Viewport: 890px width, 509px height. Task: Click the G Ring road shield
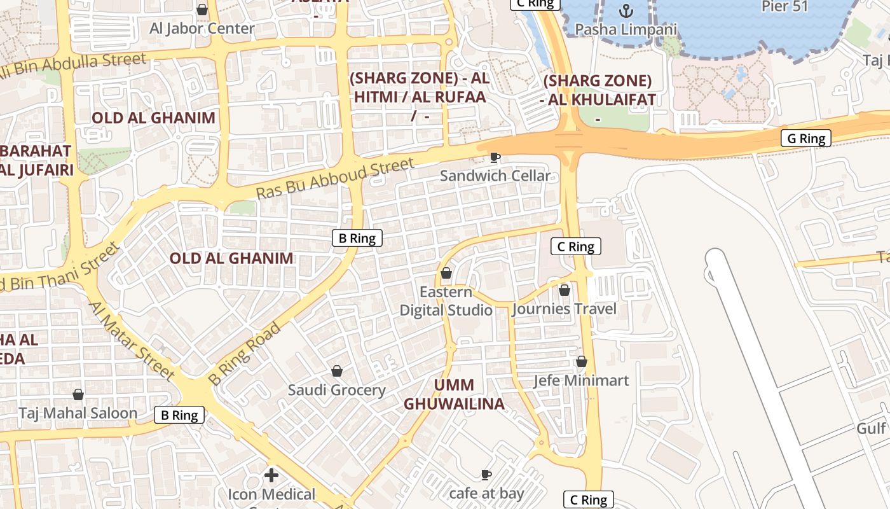(x=806, y=139)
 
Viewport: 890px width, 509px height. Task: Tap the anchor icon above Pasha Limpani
(x=626, y=11)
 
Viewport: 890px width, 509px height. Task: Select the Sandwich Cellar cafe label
(x=495, y=176)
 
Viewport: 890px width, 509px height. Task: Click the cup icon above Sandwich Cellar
(x=495, y=157)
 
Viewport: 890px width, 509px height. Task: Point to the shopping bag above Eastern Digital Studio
(x=446, y=273)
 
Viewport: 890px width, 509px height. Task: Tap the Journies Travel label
(x=564, y=309)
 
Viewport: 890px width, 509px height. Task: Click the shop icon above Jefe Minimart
(x=581, y=361)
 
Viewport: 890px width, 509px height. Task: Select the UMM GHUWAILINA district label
(x=454, y=394)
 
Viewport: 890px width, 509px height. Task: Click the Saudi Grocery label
(x=337, y=390)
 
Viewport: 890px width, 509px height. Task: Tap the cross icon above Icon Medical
(x=271, y=475)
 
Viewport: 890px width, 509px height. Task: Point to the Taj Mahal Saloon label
(x=78, y=413)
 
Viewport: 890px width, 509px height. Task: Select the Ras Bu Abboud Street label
(x=335, y=179)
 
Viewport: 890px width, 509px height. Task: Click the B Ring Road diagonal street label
(x=245, y=354)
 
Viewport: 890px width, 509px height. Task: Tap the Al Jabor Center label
(x=202, y=29)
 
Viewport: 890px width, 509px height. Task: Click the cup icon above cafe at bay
(x=486, y=475)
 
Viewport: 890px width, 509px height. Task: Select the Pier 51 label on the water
(x=784, y=6)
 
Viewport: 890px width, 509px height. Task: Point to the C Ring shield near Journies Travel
(x=575, y=247)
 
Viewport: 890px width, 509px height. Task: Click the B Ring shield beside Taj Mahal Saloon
(x=179, y=415)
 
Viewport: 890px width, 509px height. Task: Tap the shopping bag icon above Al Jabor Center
(x=202, y=10)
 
